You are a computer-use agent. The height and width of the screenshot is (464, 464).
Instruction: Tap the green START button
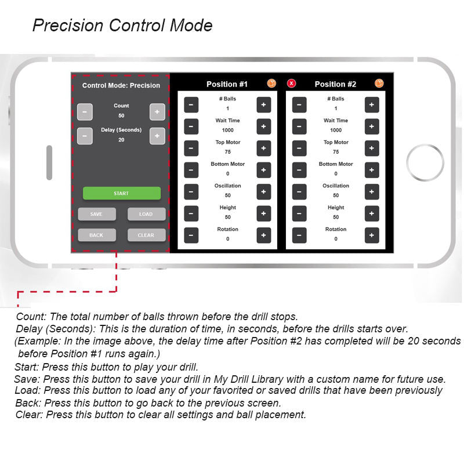tap(122, 193)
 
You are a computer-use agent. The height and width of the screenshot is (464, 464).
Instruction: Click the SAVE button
tap(97, 214)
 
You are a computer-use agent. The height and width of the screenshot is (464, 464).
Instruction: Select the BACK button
tap(97, 235)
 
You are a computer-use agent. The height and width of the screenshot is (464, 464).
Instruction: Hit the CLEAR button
tap(147, 235)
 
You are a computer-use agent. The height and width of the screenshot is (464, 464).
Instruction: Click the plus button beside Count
tap(157, 112)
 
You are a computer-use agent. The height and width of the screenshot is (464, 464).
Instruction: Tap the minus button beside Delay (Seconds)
tap(85, 136)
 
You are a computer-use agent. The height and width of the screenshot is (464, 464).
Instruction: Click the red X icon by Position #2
tap(292, 84)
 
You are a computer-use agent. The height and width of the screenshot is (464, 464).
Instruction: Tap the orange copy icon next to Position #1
tap(271, 84)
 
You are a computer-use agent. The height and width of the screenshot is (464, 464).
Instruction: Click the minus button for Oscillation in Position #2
tap(299, 192)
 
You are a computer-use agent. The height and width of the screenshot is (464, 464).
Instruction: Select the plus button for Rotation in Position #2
tap(372, 235)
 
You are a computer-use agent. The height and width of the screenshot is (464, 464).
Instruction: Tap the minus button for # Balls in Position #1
tap(191, 105)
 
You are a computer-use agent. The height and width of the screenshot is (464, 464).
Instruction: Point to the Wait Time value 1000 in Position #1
tap(227, 130)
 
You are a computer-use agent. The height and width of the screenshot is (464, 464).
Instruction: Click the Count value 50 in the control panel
tap(121, 115)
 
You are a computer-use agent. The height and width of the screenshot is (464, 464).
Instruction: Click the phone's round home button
tap(425, 162)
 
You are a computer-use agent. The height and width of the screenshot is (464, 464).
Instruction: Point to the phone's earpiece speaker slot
tap(49, 162)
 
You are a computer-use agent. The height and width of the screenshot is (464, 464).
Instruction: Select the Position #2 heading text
tap(335, 84)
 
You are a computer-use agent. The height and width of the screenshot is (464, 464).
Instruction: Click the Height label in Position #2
tap(336, 208)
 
